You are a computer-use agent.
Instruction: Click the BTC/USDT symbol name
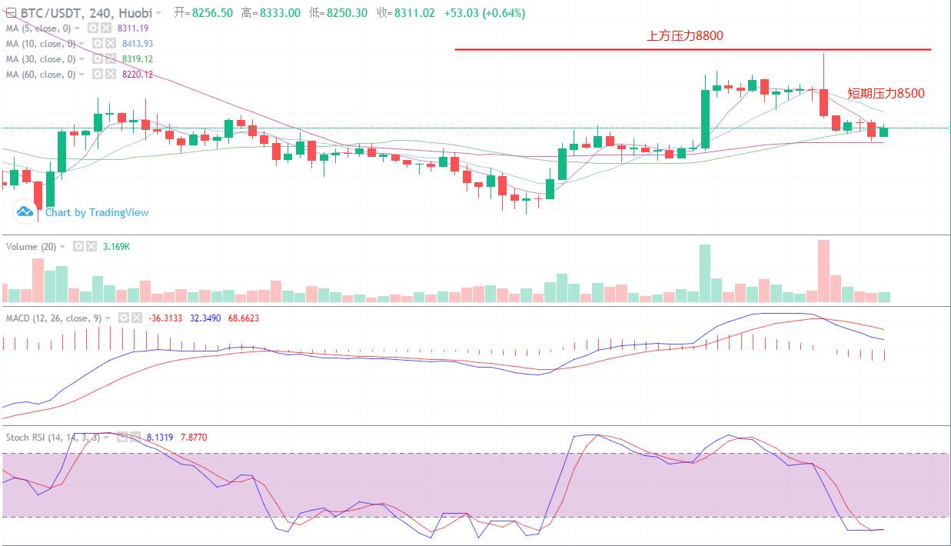click(45, 13)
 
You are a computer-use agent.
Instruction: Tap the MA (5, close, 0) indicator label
click(41, 28)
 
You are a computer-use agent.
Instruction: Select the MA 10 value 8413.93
click(137, 43)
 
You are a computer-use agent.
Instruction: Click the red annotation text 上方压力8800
click(685, 35)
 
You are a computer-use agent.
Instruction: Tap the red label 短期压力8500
click(886, 93)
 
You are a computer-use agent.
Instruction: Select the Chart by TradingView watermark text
click(97, 212)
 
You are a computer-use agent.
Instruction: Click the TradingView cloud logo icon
click(25, 211)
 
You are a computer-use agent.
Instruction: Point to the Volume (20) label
click(31, 246)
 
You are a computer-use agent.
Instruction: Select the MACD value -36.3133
click(165, 318)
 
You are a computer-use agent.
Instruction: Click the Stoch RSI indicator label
click(52, 437)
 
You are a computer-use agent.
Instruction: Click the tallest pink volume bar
click(823, 271)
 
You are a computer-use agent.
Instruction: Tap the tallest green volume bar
click(705, 273)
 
